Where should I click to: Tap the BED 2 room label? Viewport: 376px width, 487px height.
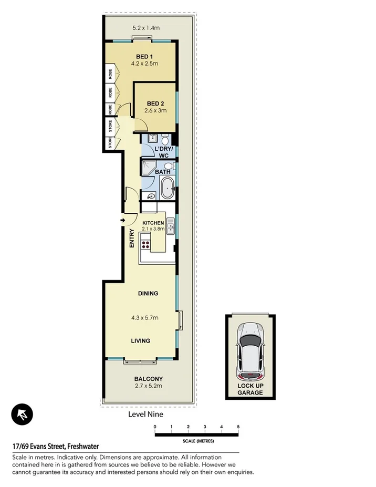tap(156, 103)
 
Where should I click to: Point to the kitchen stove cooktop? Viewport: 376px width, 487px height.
tap(145, 244)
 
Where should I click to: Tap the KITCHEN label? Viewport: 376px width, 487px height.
tap(153, 223)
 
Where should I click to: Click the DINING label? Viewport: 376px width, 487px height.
tap(148, 293)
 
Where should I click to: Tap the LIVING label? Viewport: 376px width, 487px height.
tap(140, 340)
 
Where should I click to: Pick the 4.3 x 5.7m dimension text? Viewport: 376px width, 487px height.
tap(145, 317)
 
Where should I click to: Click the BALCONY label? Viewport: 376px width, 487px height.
tap(148, 379)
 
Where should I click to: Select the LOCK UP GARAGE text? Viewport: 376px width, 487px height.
tap(250, 389)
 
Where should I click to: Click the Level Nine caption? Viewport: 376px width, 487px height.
tap(145, 414)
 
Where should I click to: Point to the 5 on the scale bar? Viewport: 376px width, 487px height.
tap(238, 426)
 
